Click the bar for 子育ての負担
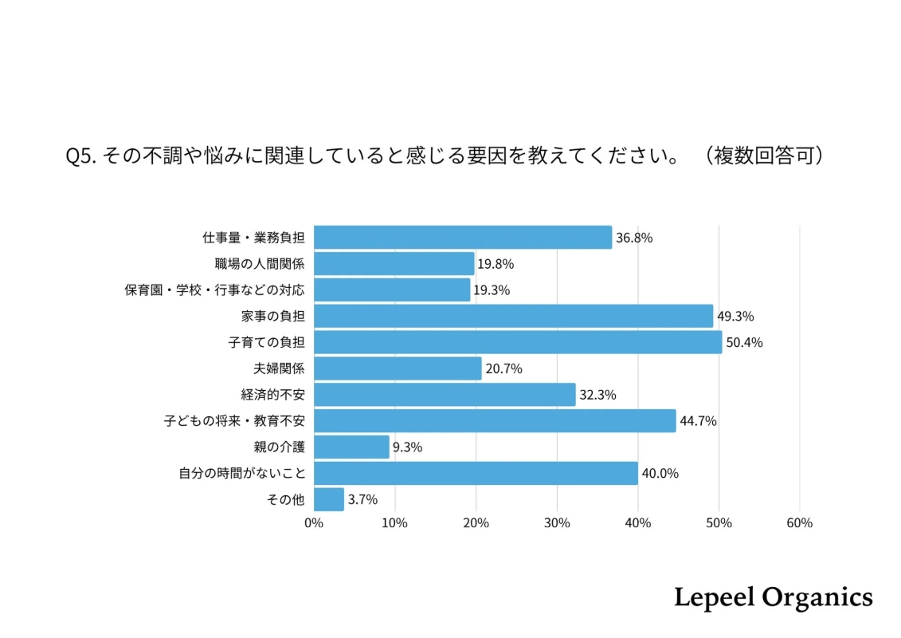coord(518,342)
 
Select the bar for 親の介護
coord(351,447)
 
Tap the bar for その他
coord(329,499)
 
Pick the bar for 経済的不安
coord(445,394)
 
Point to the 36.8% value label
coord(634,238)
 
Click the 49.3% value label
coord(735,316)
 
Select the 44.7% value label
coord(698,421)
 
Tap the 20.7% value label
coord(503,368)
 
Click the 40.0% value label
coord(660,473)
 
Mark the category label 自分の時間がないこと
coord(241,473)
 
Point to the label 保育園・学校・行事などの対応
coord(214,289)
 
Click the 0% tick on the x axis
coord(314,523)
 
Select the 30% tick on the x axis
coord(557,523)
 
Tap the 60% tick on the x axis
coord(799,523)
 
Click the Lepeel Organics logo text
coord(773,597)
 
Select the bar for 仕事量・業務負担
coord(463,238)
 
